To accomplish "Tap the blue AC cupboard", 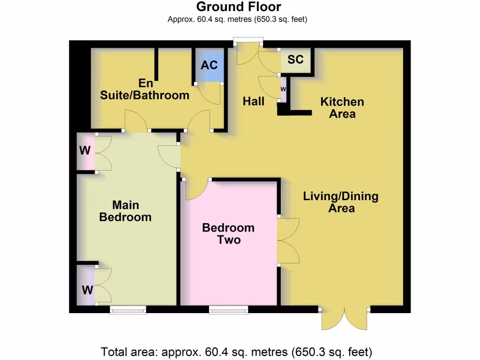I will pyautogui.click(x=209, y=65).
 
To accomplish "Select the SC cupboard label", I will pyautogui.click(x=295, y=60).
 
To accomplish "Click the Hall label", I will pyautogui.click(x=254, y=101).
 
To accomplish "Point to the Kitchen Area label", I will pyautogui.click(x=342, y=108).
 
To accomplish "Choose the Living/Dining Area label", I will pyautogui.click(x=341, y=202).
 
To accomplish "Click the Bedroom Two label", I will pyautogui.click(x=228, y=233).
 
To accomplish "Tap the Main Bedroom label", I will pyautogui.click(x=126, y=211).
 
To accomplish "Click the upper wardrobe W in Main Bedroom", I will pyautogui.click(x=85, y=151).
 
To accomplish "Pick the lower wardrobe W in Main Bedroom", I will pyautogui.click(x=87, y=290).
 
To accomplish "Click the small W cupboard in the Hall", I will pyautogui.click(x=283, y=89).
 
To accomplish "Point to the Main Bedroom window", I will pyautogui.click(x=128, y=309).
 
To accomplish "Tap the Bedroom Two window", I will pyautogui.click(x=228, y=309).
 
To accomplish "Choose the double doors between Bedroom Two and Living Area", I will pyautogui.click(x=288, y=240).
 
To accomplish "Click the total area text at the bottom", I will pyautogui.click(x=237, y=351).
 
